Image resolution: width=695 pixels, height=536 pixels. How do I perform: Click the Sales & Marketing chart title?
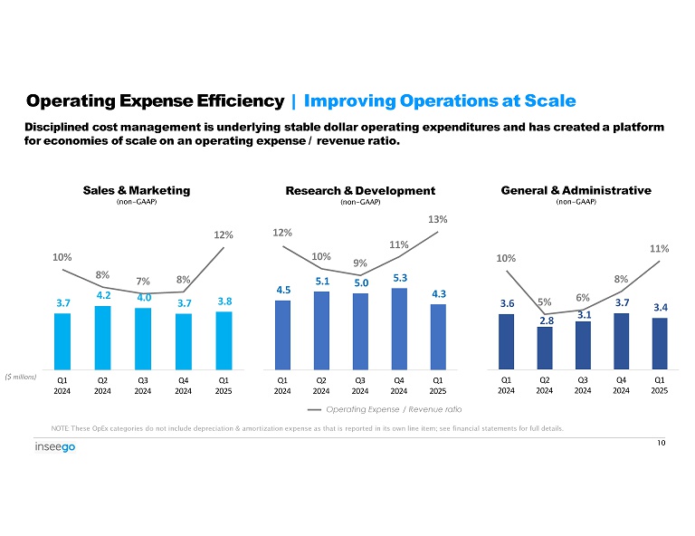coord(137,190)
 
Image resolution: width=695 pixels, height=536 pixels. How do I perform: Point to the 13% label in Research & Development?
coord(438,219)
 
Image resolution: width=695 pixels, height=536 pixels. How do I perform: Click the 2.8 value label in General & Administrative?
coord(545,321)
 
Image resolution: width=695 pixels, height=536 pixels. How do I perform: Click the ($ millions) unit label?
coord(20,376)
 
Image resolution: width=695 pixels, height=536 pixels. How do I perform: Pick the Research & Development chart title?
coord(360,190)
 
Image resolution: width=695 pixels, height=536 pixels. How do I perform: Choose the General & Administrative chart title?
coord(576,190)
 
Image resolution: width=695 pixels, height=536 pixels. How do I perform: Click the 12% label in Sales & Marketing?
coord(224,235)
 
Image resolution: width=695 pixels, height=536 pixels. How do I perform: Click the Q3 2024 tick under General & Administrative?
coord(583,386)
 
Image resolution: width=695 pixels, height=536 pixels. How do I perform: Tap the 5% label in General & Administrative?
coord(546,302)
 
